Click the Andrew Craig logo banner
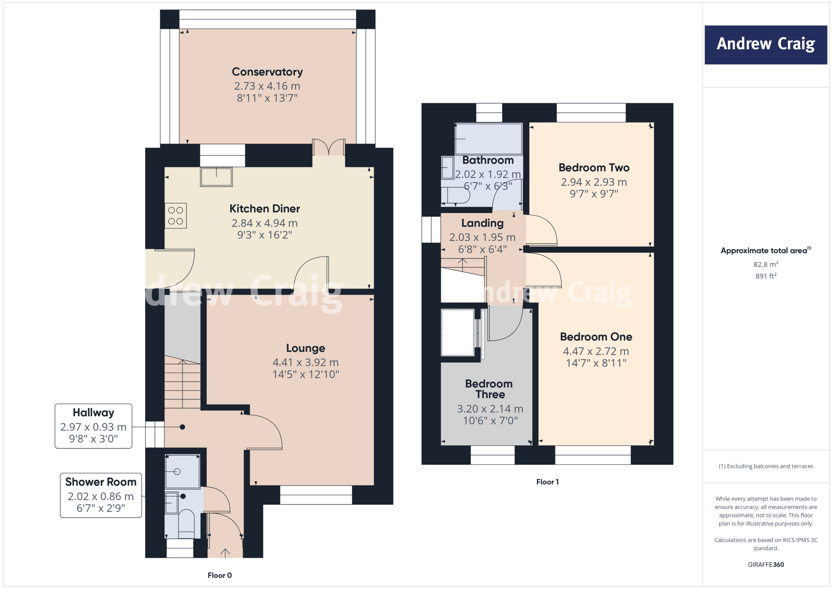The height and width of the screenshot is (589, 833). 765,45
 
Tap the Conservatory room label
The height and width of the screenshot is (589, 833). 267,72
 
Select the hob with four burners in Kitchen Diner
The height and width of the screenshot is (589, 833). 176,216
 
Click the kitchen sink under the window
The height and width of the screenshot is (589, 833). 216,177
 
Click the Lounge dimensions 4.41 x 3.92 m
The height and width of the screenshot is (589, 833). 305,362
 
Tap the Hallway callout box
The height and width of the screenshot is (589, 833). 94,426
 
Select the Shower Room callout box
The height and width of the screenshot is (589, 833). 101,495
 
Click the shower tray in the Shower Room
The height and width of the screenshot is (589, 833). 182,471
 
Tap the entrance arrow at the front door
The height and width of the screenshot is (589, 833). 225,552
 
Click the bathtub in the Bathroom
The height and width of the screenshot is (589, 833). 488,139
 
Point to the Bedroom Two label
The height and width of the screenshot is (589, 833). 594,168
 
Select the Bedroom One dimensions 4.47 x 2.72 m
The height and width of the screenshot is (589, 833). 596,351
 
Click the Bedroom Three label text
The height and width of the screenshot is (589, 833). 489,389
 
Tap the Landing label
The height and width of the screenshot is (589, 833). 482,223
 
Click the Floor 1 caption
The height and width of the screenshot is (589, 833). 547,482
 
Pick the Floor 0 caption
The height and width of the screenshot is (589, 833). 220,575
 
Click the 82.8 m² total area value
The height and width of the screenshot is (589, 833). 765,264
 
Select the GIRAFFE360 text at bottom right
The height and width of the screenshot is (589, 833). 765,565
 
